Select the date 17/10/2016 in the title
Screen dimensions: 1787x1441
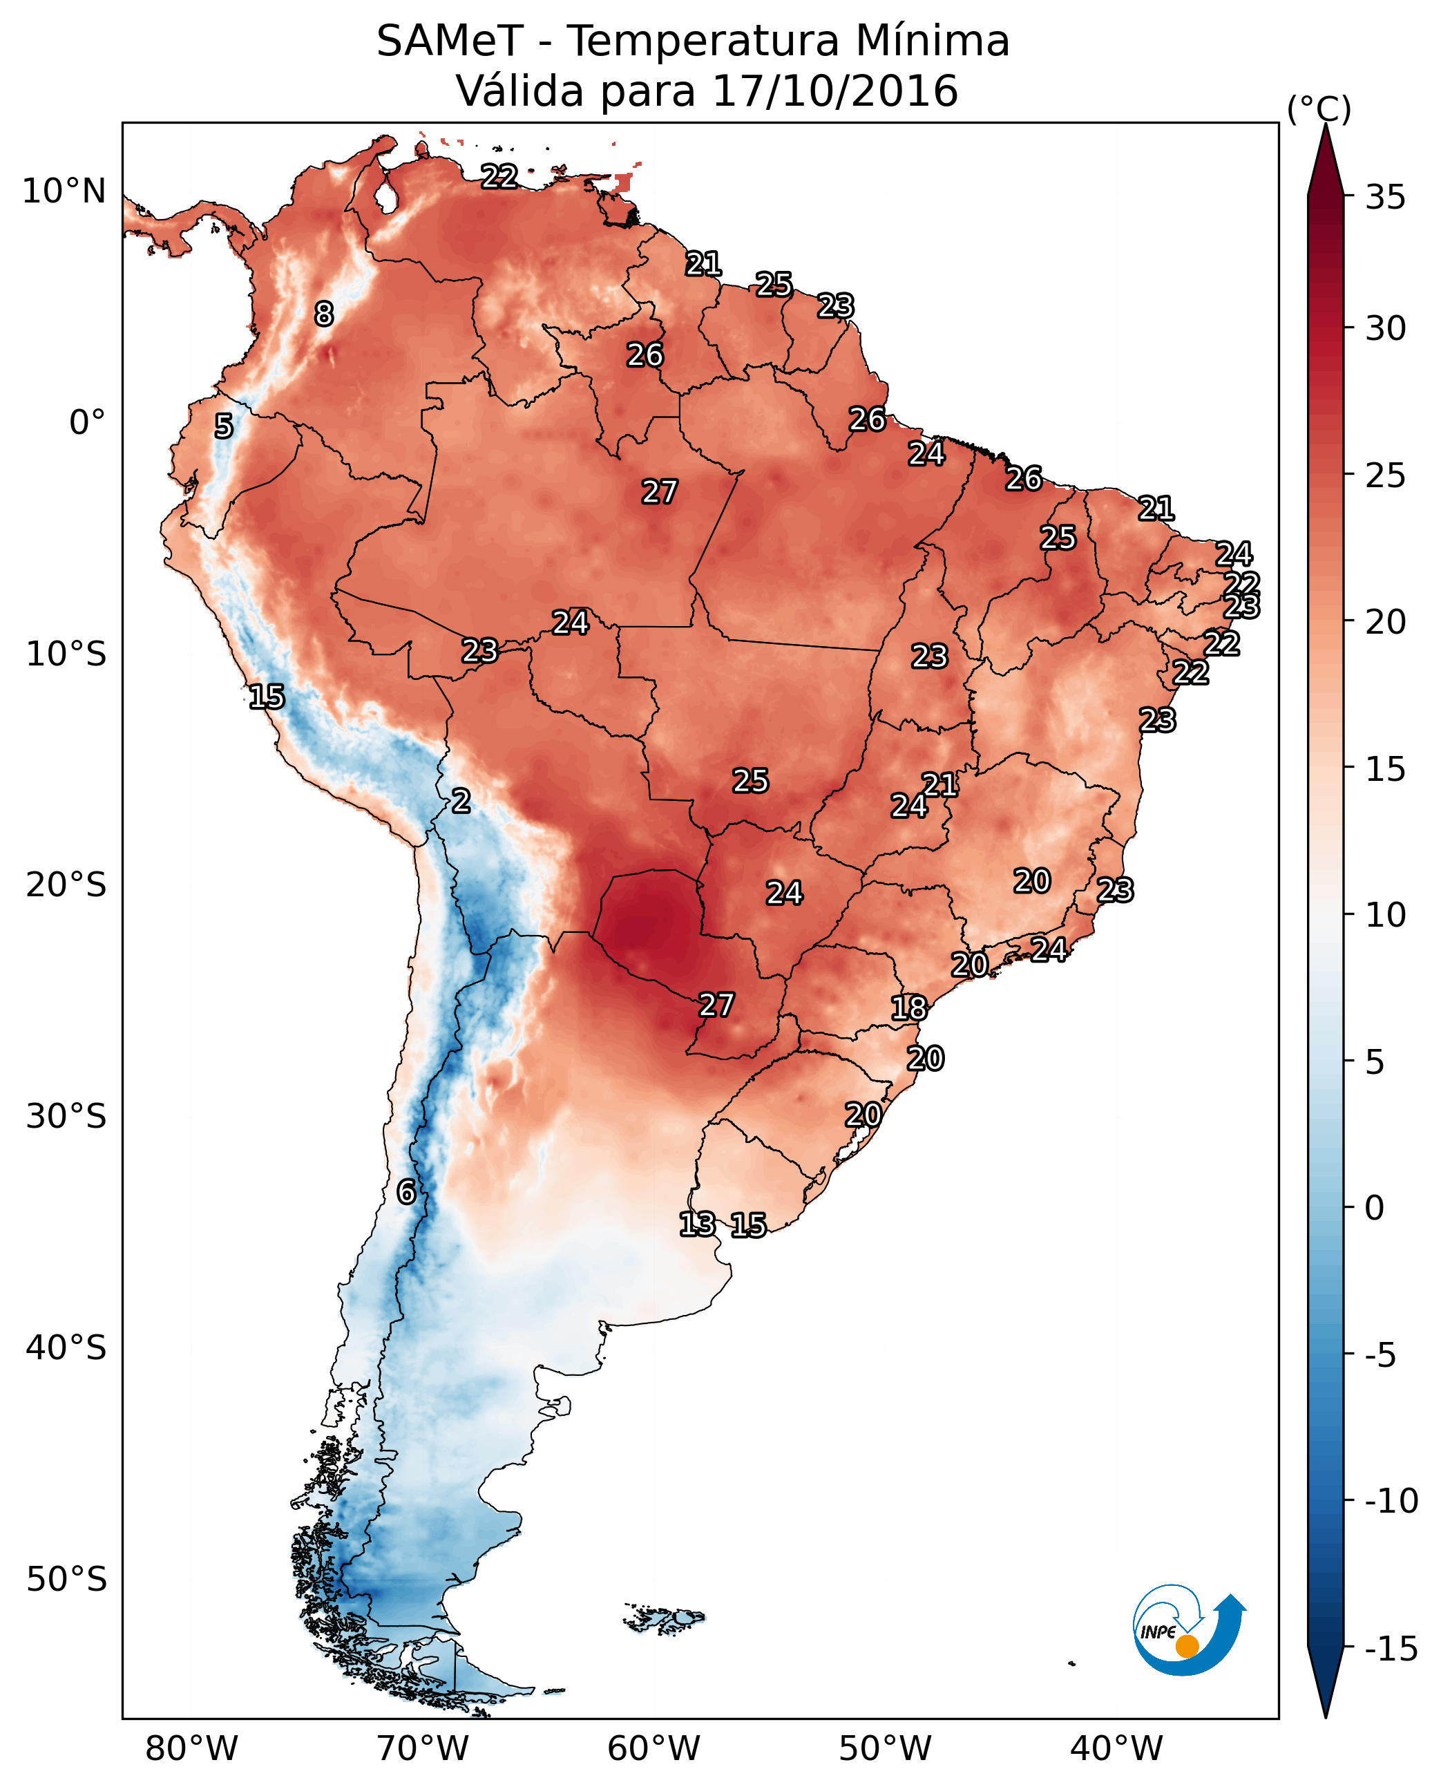835,91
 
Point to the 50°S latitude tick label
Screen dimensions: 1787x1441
66,1578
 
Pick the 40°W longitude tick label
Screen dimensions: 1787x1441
1116,1749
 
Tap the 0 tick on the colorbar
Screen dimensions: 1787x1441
1375,1207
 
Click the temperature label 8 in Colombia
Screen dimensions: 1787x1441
324,314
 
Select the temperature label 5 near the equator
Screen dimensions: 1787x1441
224,426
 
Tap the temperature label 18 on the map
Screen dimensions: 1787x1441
909,1008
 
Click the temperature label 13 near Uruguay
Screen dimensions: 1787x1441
697,1223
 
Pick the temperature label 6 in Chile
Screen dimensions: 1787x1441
406,1191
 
